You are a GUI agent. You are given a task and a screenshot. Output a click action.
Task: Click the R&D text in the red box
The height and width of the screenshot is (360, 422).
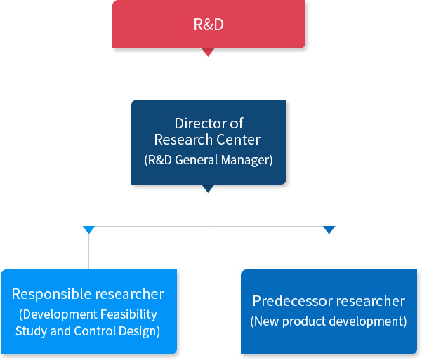point(209,25)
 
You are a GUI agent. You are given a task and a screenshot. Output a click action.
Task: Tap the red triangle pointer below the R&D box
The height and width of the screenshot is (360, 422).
point(209,52)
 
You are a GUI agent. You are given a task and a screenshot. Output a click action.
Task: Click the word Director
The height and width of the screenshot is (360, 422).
point(200,124)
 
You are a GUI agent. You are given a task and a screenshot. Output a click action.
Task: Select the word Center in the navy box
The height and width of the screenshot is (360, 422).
point(238,140)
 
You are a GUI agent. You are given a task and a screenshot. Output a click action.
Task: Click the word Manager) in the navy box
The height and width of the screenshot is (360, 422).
point(246,160)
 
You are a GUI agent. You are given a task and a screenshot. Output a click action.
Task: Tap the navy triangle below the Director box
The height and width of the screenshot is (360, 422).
point(209,188)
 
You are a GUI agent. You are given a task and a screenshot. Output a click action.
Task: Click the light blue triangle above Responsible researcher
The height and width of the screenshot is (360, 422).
point(88,229)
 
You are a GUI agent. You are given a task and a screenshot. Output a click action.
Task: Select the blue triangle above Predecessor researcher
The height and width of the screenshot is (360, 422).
point(329,229)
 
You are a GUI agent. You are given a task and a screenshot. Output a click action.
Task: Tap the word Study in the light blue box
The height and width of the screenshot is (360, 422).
point(32,331)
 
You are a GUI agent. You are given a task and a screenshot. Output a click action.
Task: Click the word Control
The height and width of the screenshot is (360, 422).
point(95,331)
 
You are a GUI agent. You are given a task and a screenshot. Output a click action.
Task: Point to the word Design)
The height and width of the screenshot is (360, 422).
point(140,331)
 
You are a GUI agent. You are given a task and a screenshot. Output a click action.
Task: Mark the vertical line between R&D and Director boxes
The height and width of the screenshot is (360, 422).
point(209,78)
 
